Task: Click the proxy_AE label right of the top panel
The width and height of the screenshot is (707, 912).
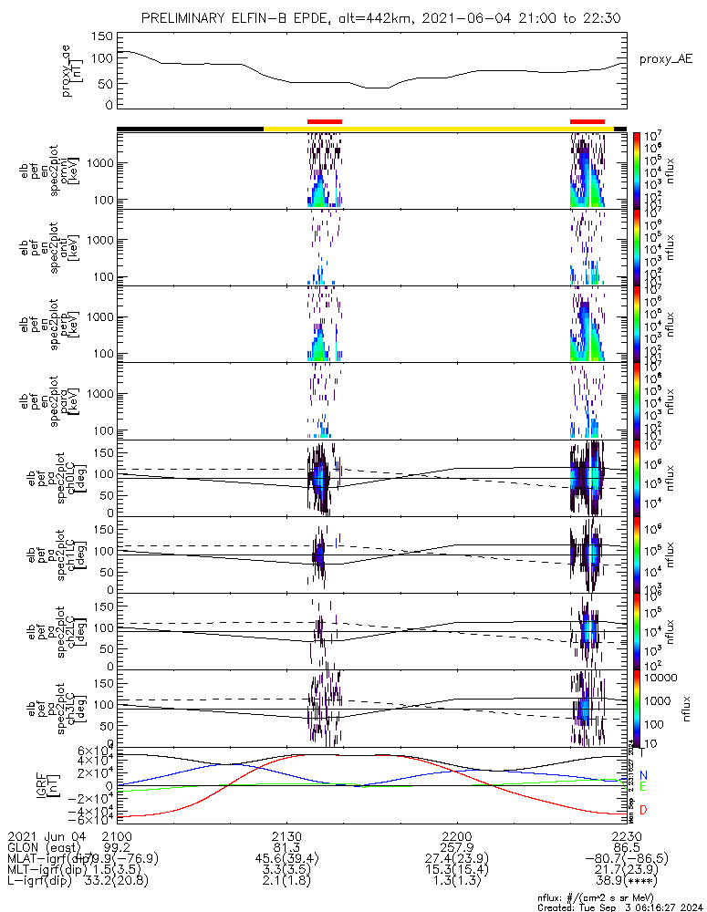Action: (x=665, y=58)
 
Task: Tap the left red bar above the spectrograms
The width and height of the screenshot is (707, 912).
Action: (x=325, y=120)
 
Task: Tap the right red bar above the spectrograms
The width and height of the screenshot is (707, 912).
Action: (x=587, y=120)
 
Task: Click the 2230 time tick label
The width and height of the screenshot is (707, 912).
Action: (x=626, y=836)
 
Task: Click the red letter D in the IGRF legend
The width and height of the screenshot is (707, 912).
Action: (x=643, y=810)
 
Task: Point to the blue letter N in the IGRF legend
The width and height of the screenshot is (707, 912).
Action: (x=643, y=775)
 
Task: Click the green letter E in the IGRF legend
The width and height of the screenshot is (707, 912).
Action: (x=643, y=786)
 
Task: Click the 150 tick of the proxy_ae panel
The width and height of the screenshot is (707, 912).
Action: (x=102, y=37)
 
